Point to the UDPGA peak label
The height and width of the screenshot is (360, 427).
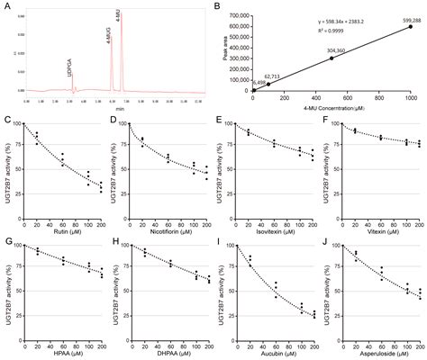68,66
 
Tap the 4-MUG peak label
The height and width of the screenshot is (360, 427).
109,38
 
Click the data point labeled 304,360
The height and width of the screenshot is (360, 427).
332,58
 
